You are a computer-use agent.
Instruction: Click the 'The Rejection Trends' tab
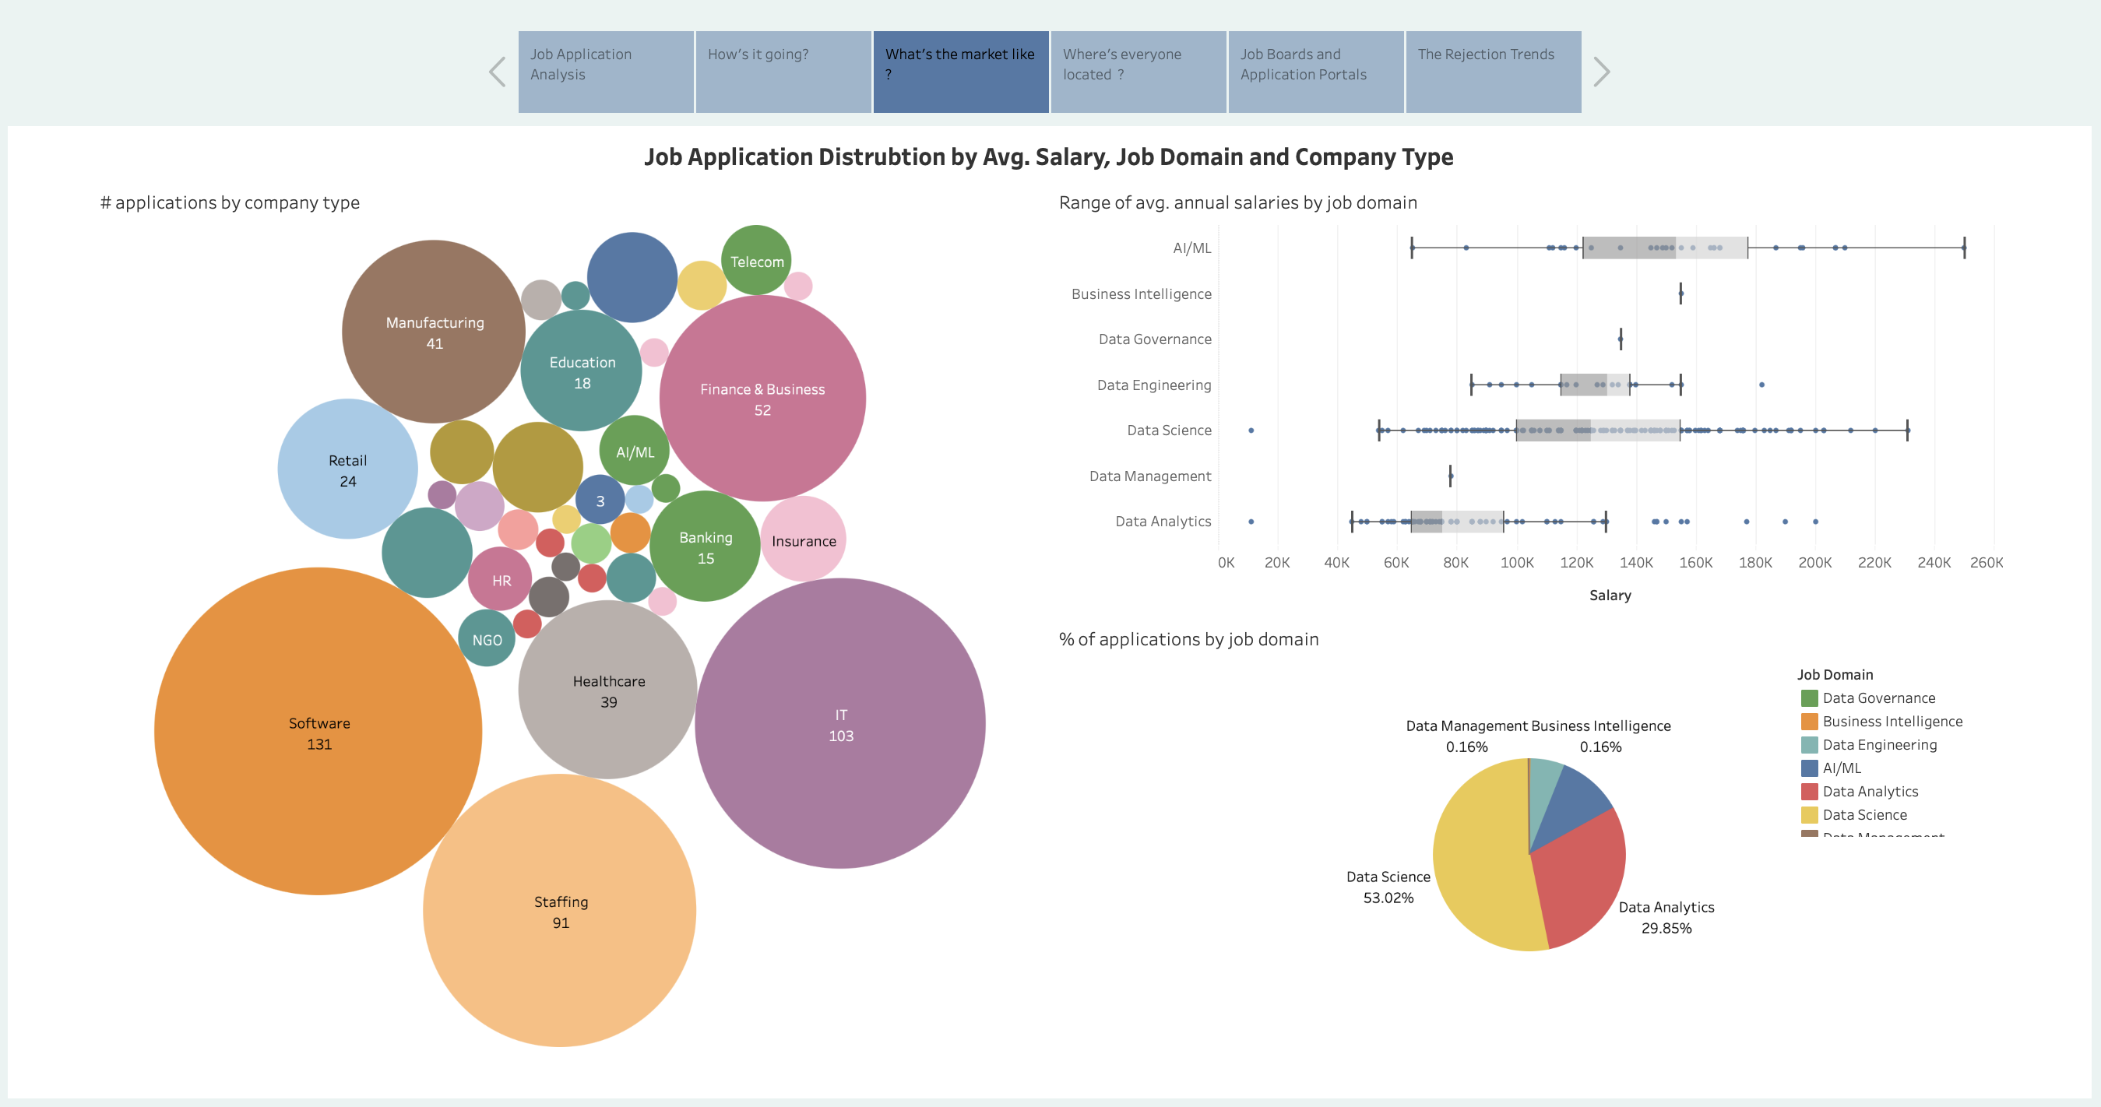coord(1493,72)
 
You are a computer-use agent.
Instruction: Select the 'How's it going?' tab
coord(783,72)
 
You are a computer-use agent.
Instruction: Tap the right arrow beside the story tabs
coord(1601,72)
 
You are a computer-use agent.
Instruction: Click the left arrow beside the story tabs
coord(498,72)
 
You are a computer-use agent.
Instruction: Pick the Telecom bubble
coord(756,260)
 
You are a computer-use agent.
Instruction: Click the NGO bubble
coord(487,639)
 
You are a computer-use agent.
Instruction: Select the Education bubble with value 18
coord(582,371)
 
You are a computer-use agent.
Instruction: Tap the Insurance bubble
coord(804,540)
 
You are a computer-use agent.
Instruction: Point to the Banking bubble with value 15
coord(706,547)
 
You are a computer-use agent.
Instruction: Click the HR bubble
coord(501,581)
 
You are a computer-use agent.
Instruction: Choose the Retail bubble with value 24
coord(347,469)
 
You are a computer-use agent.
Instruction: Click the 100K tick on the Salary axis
coord(1517,563)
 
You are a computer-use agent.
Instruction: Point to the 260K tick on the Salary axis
coord(1986,563)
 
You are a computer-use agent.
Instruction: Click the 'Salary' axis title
coord(1610,595)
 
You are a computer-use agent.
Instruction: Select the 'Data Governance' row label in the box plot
coord(1154,339)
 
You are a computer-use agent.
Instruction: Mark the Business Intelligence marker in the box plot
coord(1681,293)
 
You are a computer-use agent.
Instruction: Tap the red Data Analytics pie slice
coord(1578,880)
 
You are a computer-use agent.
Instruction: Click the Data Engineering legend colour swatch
coord(1809,744)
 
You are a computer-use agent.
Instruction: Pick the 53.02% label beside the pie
coord(1388,898)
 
